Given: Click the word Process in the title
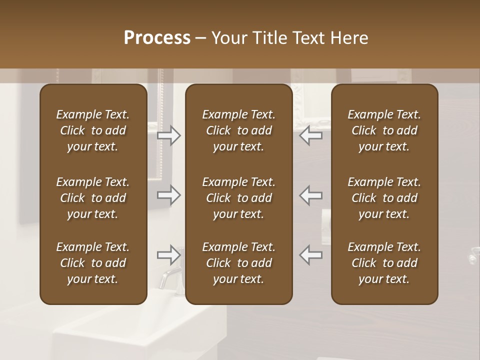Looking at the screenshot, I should point(157,37).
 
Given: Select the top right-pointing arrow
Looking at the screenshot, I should point(169,135).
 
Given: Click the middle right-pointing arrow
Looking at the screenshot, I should point(169,195).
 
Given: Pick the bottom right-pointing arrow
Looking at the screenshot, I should point(169,255).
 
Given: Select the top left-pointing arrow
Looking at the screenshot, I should point(311,135).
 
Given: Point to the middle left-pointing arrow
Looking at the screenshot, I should point(311,195).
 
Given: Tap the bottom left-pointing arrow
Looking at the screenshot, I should point(311,255).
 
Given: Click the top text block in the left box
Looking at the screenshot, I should point(93,130).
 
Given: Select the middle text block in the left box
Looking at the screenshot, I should point(93,198).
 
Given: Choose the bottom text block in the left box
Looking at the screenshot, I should point(93,263).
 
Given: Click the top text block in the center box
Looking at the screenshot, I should point(238,130).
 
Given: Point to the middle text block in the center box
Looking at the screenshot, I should point(238,198).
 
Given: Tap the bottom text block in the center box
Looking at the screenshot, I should point(238,263).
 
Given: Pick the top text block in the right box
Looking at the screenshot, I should point(384,130).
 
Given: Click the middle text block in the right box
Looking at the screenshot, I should point(384,198).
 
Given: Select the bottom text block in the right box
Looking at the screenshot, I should point(384,263).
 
